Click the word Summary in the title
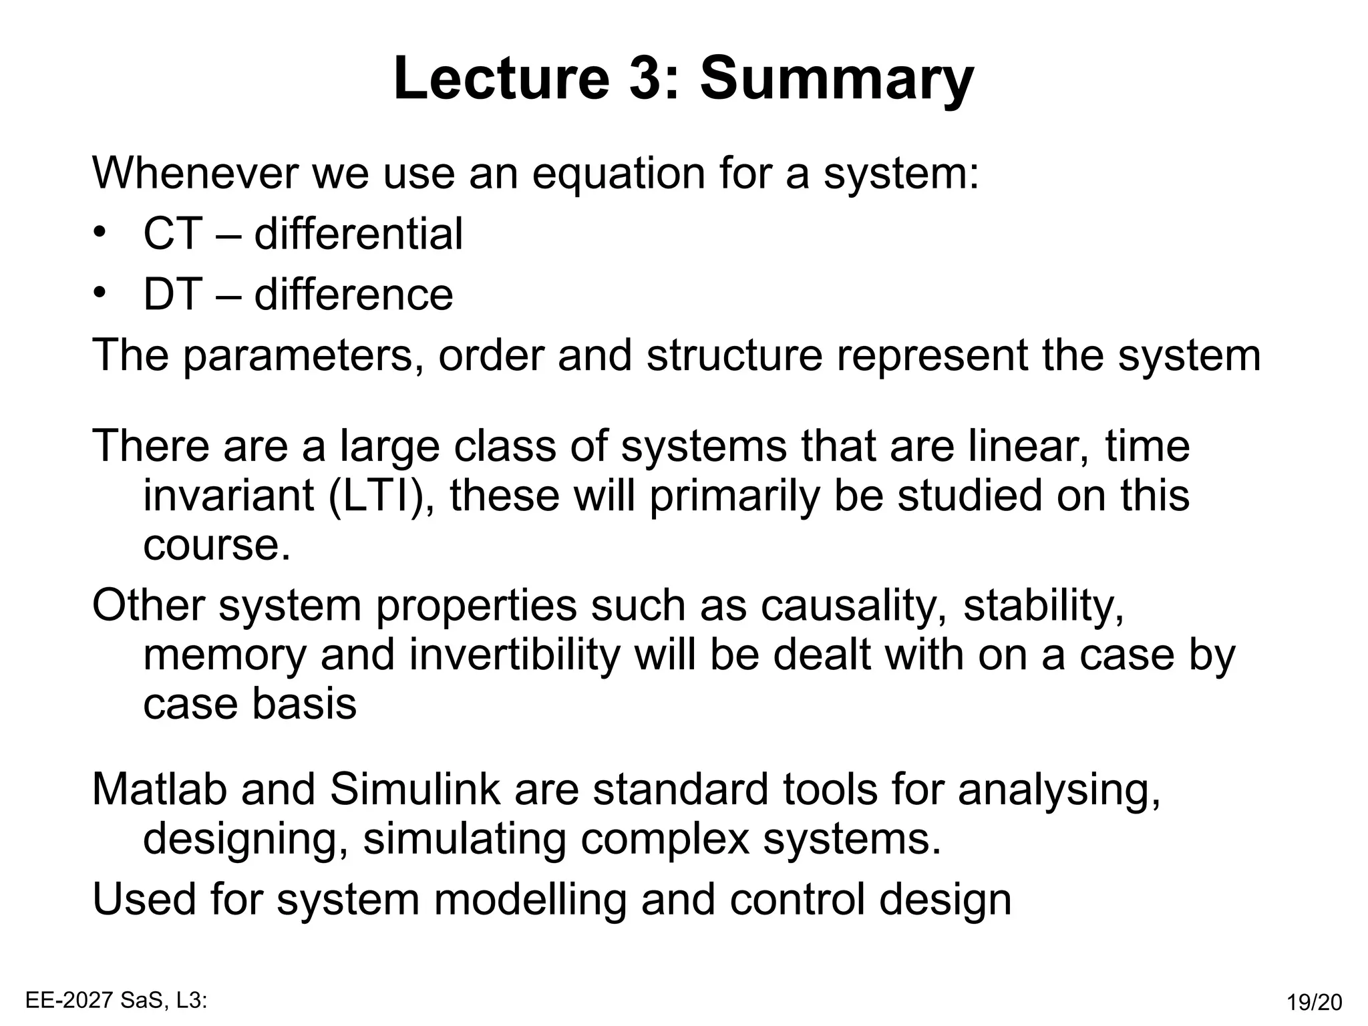click(836, 79)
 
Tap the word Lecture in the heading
click(501, 79)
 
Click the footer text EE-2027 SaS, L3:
click(116, 1000)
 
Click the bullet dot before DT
click(100, 293)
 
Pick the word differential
click(358, 234)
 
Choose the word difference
click(353, 294)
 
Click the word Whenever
click(194, 172)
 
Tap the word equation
click(619, 172)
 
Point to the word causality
click(854, 605)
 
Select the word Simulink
click(415, 789)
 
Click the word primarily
click(734, 496)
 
